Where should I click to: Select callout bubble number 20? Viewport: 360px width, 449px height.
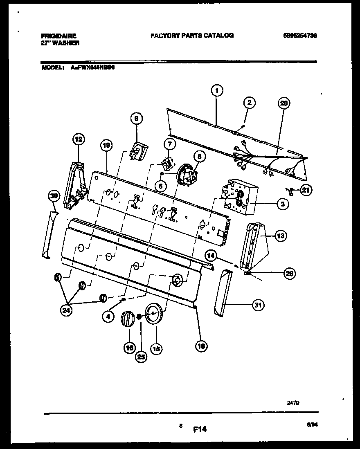283,103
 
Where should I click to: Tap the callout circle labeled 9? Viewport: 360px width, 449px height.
137,119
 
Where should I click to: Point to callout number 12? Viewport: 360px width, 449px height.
79,140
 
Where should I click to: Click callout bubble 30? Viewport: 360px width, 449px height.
54,196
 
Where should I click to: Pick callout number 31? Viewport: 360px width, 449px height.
258,305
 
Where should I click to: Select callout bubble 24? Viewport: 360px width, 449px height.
66,311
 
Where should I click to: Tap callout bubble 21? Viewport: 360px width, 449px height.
306,189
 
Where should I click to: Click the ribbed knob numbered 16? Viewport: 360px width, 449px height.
128,319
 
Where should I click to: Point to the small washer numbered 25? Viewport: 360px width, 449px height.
139,317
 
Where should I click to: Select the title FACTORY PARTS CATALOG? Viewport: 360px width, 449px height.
192,36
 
